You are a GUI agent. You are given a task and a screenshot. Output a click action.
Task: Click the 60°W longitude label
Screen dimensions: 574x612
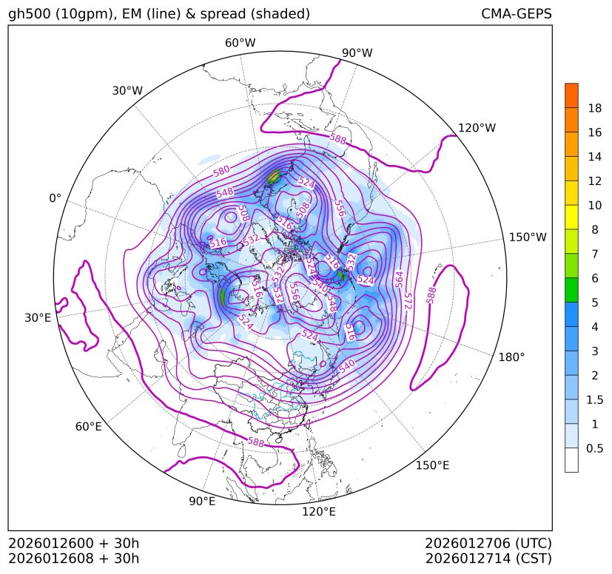click(x=240, y=43)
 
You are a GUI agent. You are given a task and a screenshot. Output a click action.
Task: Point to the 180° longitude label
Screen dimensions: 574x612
click(x=511, y=357)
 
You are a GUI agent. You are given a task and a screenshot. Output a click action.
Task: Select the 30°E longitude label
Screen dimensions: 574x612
click(x=38, y=318)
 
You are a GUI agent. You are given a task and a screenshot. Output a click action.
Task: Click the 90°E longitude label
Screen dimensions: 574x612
click(x=202, y=502)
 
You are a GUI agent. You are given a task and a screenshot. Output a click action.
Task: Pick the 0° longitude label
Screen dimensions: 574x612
click(x=55, y=198)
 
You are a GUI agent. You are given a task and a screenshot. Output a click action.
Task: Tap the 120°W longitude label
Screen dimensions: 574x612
click(x=477, y=128)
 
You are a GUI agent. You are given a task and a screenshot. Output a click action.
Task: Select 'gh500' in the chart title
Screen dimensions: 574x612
click(x=28, y=14)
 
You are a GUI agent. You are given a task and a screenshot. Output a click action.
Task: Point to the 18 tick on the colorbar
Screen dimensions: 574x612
click(x=594, y=108)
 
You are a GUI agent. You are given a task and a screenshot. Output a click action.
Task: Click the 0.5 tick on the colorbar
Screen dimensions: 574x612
click(x=594, y=448)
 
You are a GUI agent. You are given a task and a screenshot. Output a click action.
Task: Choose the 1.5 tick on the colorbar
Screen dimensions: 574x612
click(x=594, y=399)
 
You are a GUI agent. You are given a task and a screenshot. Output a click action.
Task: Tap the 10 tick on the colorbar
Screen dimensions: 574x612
click(x=594, y=205)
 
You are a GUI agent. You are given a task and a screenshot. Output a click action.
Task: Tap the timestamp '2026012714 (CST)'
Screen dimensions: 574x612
click(x=488, y=558)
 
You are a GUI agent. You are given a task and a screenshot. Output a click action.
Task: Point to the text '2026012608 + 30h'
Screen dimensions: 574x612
click(x=73, y=558)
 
